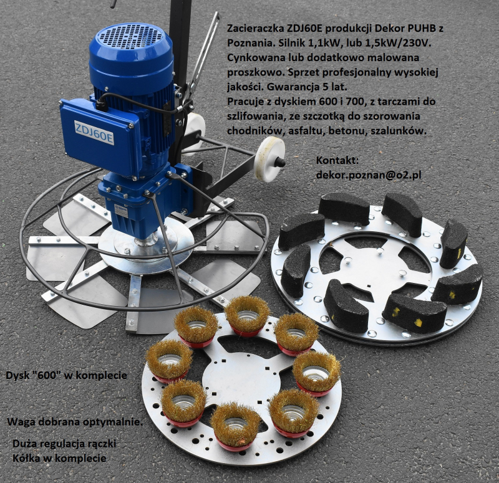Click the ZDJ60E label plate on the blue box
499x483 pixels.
click(94, 132)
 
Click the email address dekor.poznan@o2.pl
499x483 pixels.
click(369, 175)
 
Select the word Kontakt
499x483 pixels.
click(337, 160)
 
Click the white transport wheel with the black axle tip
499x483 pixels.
click(270, 159)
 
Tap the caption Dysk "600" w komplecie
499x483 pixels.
click(66, 375)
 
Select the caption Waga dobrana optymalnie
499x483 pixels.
click(75, 422)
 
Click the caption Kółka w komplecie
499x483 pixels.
click(59, 458)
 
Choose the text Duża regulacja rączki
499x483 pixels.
click(64, 444)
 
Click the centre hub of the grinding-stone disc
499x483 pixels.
click(375, 267)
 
